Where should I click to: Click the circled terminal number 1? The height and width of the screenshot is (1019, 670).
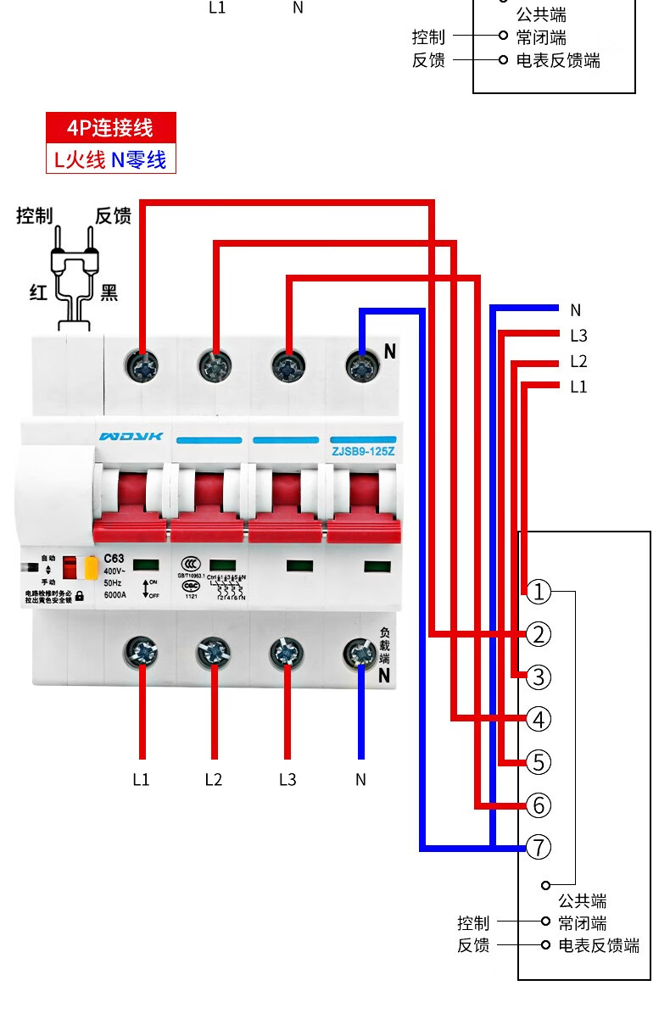tap(539, 592)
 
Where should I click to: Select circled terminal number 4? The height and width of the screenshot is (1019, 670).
tap(539, 719)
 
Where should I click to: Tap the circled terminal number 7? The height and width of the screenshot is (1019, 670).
tap(539, 846)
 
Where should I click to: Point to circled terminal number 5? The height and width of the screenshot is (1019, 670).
tap(539, 761)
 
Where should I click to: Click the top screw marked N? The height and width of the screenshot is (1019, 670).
tap(362, 367)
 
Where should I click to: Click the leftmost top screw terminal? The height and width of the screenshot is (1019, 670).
tap(141, 367)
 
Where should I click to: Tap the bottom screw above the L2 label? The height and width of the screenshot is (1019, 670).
tap(213, 653)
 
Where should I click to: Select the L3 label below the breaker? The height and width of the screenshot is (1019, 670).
tap(288, 779)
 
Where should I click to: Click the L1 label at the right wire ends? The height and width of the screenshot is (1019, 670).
tap(578, 387)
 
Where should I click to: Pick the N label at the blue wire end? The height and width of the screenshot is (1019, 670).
tap(576, 310)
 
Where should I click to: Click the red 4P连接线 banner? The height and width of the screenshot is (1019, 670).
tap(110, 128)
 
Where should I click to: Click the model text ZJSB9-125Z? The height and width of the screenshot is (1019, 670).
tap(363, 451)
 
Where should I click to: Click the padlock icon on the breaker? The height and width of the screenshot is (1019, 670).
tap(80, 596)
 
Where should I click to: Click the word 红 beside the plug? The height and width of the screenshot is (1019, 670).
tap(37, 293)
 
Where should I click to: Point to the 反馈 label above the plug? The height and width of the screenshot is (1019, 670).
tap(113, 216)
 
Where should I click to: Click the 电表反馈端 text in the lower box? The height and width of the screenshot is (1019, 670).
tap(599, 945)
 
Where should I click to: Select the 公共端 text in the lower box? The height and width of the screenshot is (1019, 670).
tap(582, 900)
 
